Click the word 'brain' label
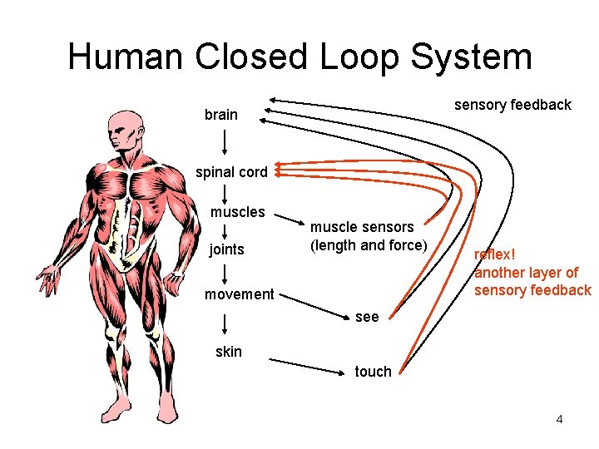point(220,115)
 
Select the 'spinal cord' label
point(231,173)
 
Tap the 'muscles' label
point(237,212)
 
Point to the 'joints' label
point(226,249)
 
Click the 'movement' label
point(239,294)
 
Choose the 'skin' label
point(228,352)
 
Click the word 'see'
point(366,317)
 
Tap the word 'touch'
point(373,372)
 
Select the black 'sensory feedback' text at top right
point(512,105)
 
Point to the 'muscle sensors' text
point(362,227)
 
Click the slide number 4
point(559,419)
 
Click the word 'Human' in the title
point(126,57)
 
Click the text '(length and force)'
point(368,245)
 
